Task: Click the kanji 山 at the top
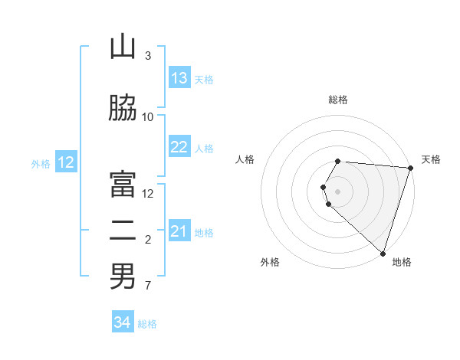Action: (x=123, y=47)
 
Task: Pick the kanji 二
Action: (x=123, y=231)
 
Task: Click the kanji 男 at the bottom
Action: (x=123, y=277)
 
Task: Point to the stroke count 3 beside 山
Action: (x=148, y=56)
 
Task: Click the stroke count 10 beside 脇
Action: (x=148, y=117)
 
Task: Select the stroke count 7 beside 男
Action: (x=148, y=286)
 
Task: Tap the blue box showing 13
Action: (x=179, y=78)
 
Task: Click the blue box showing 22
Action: (x=179, y=147)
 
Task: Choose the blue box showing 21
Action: (x=179, y=231)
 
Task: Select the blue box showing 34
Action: (x=122, y=322)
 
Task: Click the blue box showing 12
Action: (x=66, y=162)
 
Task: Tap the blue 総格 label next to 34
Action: (x=147, y=324)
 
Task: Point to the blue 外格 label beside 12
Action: (x=41, y=163)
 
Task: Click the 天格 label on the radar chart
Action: (x=431, y=159)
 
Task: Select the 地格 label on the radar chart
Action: (x=402, y=262)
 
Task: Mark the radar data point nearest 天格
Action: (x=410, y=168)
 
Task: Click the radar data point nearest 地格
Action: (x=383, y=253)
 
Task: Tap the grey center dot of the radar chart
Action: (x=337, y=191)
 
